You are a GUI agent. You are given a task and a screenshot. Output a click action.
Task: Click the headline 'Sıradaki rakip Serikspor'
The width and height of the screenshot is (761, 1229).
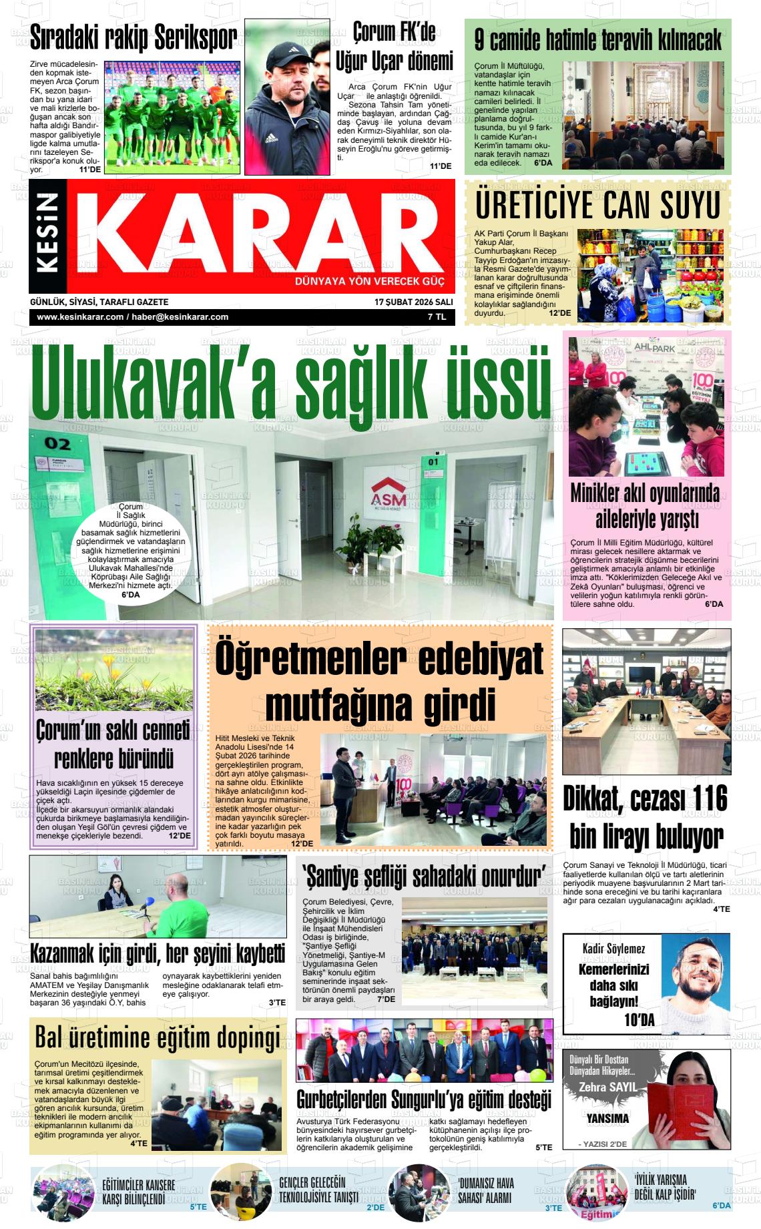pyautogui.click(x=134, y=39)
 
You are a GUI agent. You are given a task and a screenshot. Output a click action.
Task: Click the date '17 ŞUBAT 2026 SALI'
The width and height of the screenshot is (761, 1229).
pyautogui.click(x=413, y=302)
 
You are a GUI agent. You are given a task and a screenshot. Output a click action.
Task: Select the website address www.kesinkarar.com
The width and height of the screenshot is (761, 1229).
pyautogui.click(x=80, y=317)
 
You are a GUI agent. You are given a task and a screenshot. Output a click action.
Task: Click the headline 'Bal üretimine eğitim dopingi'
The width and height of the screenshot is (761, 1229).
pyautogui.click(x=158, y=1038)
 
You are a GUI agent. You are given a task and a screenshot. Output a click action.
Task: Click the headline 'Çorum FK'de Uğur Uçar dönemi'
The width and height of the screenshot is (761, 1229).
pyautogui.click(x=394, y=47)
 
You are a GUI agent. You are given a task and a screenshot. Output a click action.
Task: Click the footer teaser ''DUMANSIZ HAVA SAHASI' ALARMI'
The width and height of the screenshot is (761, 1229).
pyautogui.click(x=485, y=1190)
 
